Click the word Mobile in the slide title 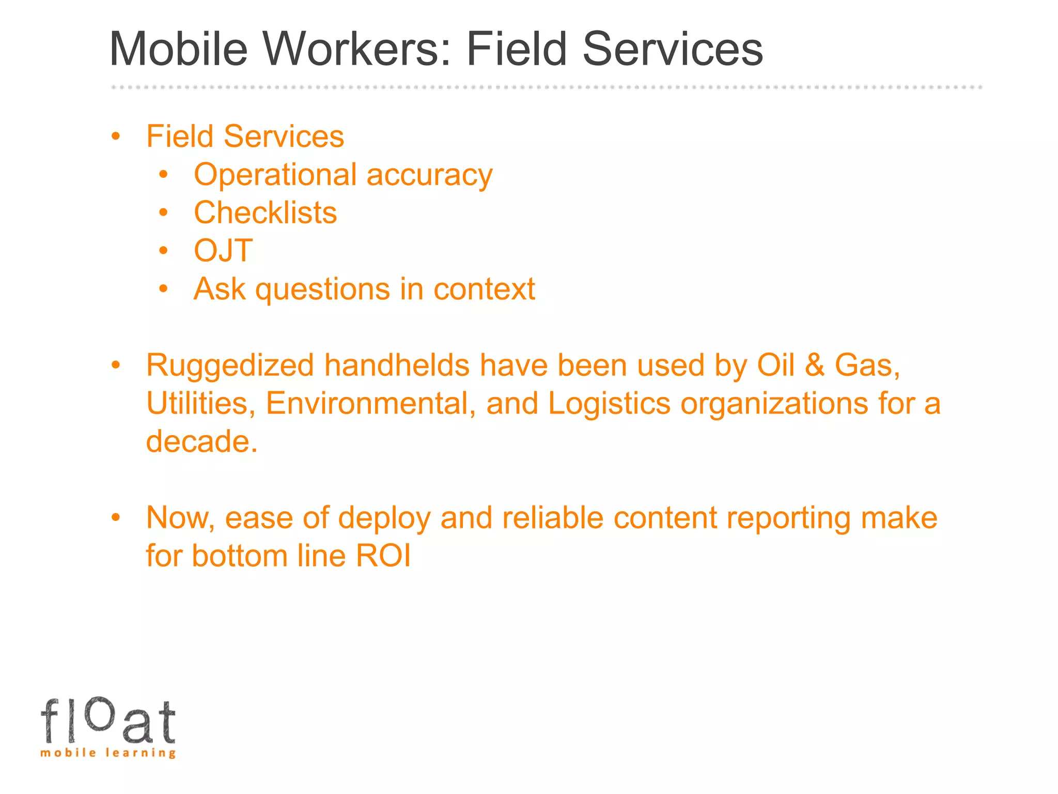point(179,49)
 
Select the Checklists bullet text point(265,212)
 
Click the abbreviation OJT point(223,251)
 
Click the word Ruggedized point(230,366)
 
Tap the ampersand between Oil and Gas point(814,365)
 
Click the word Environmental point(370,403)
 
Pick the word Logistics point(609,403)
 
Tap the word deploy point(384,518)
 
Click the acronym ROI point(383,556)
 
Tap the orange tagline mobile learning point(108,753)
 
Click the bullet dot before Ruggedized point(116,365)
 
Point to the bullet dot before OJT point(164,251)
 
